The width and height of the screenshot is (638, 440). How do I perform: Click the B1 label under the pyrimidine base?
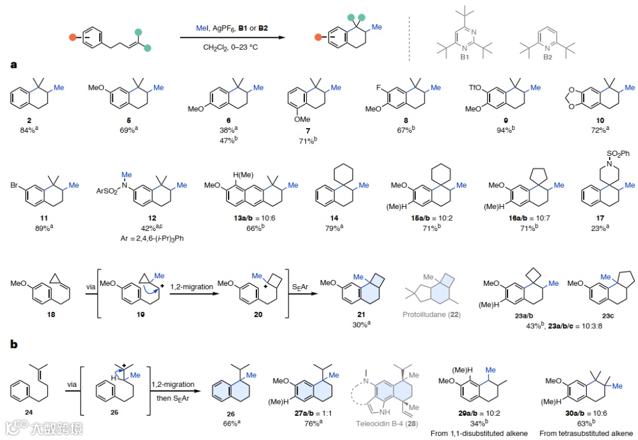point(464,57)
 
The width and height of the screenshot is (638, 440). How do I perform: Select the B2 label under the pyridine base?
point(548,57)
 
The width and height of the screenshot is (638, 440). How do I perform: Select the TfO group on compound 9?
point(476,87)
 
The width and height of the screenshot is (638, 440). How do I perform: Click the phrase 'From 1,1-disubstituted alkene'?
point(477,434)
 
